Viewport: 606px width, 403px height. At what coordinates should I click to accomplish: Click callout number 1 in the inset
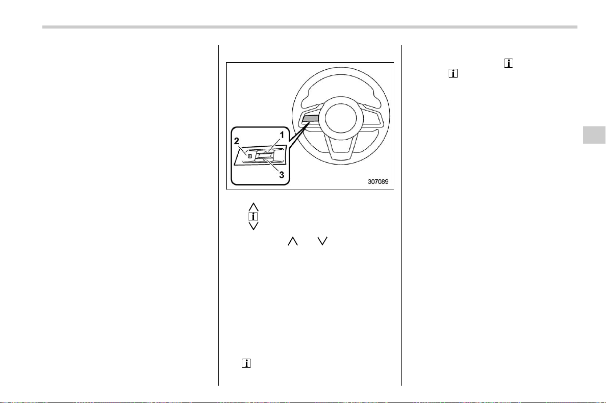pos(282,135)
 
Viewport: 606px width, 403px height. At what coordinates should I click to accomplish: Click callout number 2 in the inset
pos(237,141)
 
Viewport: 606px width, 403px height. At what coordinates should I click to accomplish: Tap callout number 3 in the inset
pos(282,175)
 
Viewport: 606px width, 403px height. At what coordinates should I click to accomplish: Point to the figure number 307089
pos(378,181)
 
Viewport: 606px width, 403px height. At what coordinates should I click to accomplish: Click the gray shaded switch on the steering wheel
pos(311,118)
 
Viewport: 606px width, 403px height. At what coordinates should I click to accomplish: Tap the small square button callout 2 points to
pos(249,156)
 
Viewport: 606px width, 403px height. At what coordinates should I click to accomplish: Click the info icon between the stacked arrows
pos(253,217)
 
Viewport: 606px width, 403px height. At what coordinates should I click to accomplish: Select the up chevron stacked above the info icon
pos(254,207)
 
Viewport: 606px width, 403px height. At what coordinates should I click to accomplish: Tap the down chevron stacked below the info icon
pos(254,226)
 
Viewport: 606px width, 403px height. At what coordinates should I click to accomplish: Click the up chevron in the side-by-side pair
pos(293,241)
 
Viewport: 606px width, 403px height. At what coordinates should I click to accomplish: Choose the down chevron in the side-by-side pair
pos(322,241)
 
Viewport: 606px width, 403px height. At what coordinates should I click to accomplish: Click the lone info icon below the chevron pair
pos(246,363)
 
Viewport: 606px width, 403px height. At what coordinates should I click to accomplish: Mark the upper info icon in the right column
pos(508,63)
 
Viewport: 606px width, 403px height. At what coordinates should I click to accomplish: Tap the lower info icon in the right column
pos(453,73)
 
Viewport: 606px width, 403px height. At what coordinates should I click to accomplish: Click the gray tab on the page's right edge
pos(594,135)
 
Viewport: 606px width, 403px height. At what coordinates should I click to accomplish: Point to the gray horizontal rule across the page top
pos(310,27)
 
